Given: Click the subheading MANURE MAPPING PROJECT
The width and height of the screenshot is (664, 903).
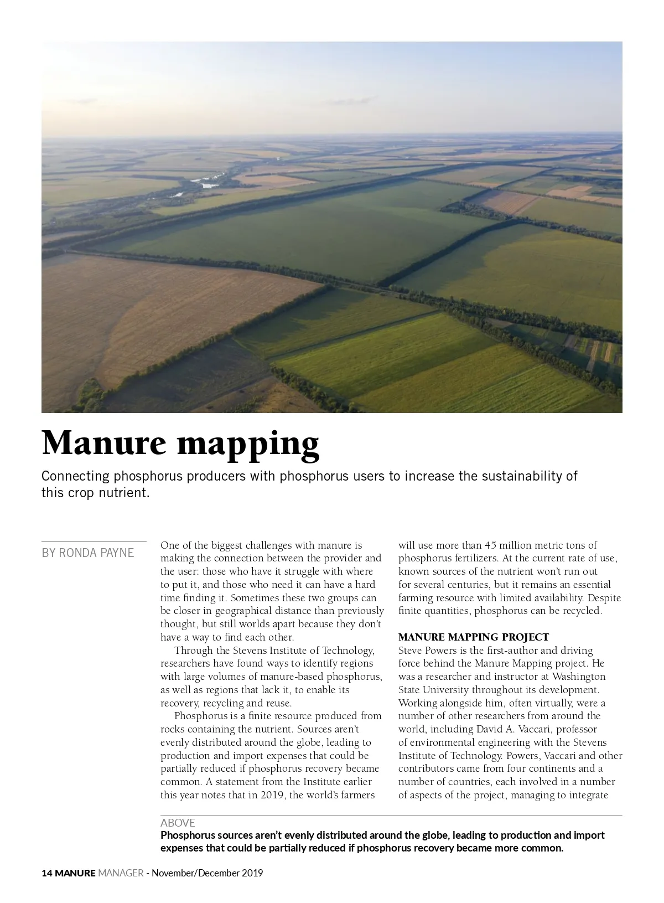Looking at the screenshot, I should tap(473, 637).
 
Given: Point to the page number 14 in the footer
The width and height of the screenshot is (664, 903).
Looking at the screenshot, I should tap(47, 873).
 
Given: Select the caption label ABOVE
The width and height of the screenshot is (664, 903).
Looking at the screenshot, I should tap(178, 823).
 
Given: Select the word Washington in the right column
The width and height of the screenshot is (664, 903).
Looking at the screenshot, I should tap(579, 677).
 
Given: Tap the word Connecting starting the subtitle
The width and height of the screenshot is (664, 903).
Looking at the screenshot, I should tap(76, 476).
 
